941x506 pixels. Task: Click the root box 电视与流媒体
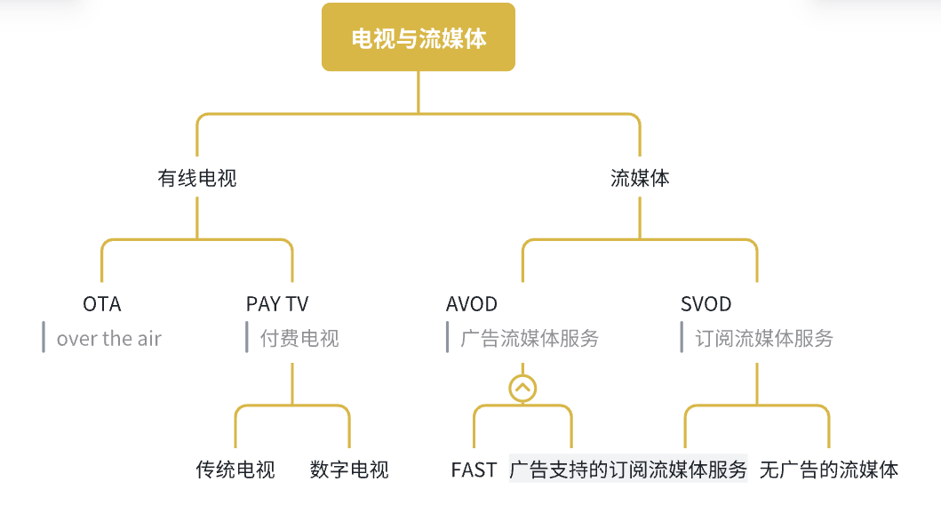[x=419, y=37]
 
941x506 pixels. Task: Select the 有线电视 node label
[x=197, y=178]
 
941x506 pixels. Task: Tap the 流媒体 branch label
[x=640, y=178]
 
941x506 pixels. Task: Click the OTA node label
[x=102, y=304]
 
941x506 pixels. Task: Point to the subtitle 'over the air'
[x=109, y=338]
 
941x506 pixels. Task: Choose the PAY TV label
[x=277, y=304]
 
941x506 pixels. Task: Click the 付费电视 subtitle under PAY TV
[x=299, y=338]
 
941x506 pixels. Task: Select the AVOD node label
[x=472, y=304]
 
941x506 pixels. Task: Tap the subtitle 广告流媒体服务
[x=530, y=338]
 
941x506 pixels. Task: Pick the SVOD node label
[x=706, y=304]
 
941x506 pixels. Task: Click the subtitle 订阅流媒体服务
[x=764, y=338]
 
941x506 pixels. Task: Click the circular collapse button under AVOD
[x=522, y=388]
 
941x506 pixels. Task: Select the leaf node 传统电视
[x=235, y=470]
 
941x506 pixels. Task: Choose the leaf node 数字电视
[x=349, y=470]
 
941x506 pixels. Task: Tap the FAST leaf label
[x=474, y=470]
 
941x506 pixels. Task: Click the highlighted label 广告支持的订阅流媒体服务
[x=628, y=470]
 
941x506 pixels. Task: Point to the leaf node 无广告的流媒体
[x=829, y=470]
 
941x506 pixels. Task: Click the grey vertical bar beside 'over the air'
[x=44, y=337]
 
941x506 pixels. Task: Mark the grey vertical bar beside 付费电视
[x=247, y=337]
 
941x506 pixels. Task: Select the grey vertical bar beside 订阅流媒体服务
[x=682, y=337]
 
